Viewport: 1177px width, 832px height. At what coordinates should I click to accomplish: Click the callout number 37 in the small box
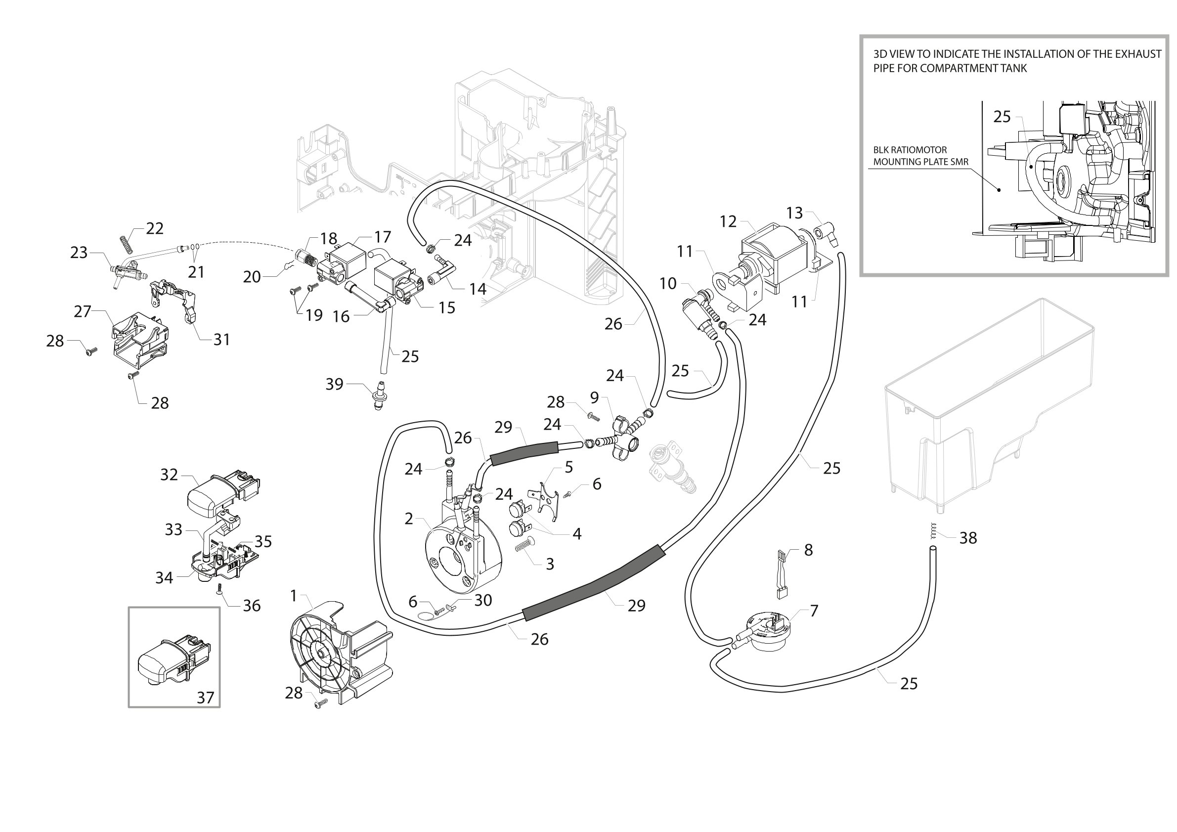tap(206, 697)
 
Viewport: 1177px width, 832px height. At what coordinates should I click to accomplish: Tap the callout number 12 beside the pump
tap(728, 221)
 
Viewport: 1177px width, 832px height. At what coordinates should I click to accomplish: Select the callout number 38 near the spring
tap(968, 538)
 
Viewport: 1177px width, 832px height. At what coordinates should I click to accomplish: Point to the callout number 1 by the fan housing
tap(294, 595)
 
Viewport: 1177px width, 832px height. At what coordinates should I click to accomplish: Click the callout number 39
tap(334, 384)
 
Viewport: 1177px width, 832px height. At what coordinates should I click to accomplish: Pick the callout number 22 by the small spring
tap(155, 228)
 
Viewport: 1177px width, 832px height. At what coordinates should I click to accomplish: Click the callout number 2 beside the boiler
tap(409, 518)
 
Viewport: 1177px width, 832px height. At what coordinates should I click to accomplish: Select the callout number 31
tap(221, 339)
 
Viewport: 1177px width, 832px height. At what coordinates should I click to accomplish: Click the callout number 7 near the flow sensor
tap(814, 610)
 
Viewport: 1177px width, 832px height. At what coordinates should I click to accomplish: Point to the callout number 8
tap(808, 550)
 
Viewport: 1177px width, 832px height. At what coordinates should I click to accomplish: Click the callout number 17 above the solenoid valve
tap(383, 237)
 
